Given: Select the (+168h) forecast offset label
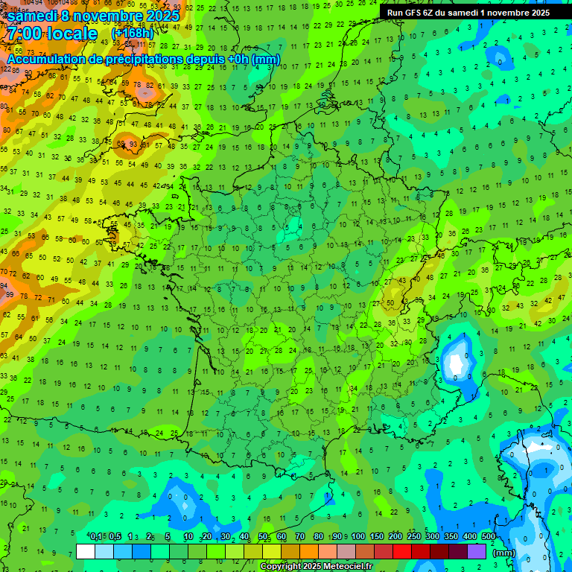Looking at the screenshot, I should coord(133,34).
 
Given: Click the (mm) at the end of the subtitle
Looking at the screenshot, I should coord(266,59).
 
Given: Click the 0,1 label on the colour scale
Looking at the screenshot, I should coord(96,537).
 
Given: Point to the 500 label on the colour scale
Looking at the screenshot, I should coord(488,537).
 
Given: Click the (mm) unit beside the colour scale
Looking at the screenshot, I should coord(504,553).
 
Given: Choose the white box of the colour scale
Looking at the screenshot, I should coord(86,552).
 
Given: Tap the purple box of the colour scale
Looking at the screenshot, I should coord(477,552).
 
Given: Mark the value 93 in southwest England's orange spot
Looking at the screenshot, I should coord(133,144).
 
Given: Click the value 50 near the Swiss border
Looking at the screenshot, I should coord(389,303).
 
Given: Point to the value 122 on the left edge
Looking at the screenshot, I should coord(6,69).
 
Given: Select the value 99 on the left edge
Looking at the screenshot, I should coord(9,295).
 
